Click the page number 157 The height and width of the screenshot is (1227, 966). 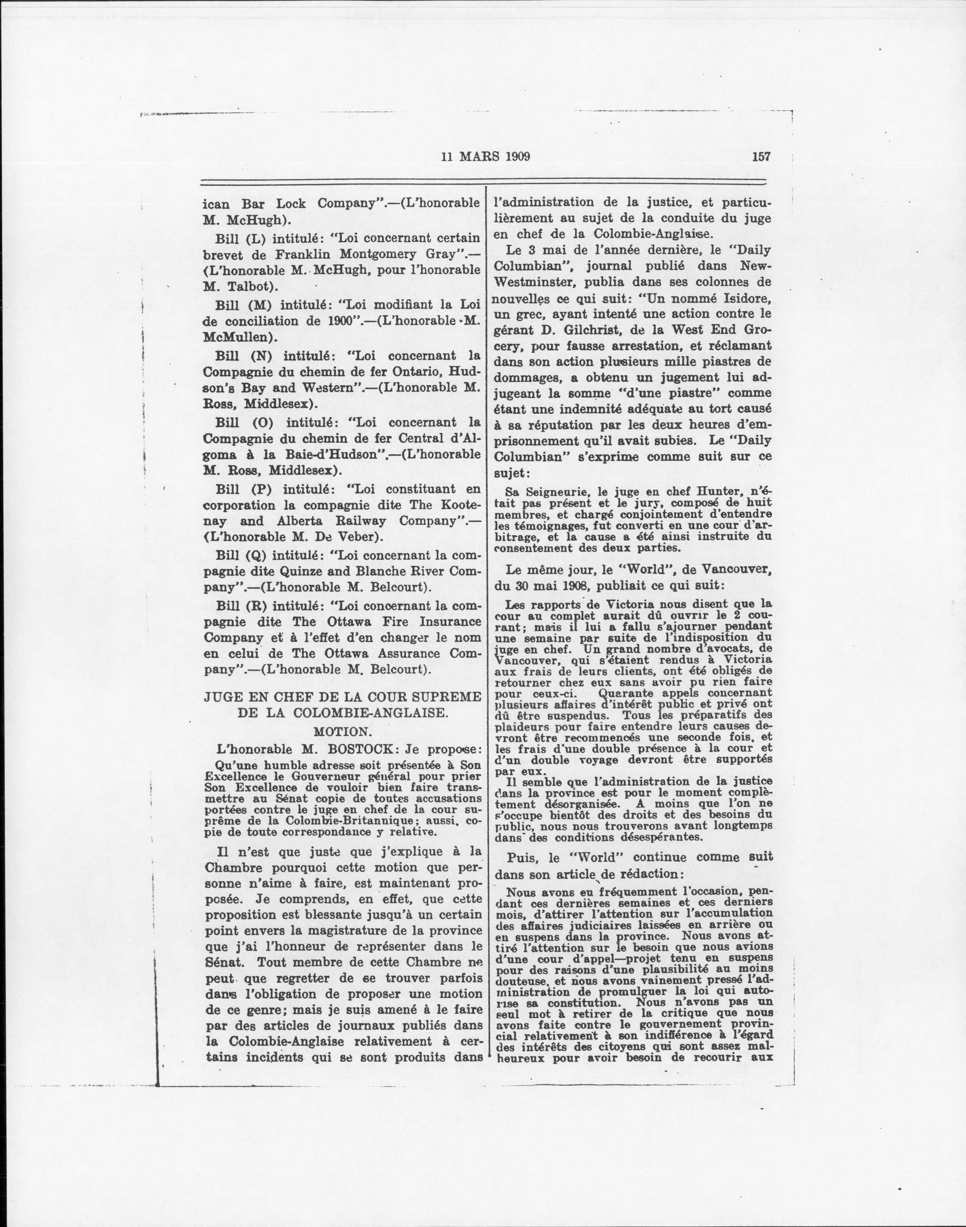pyautogui.click(x=761, y=157)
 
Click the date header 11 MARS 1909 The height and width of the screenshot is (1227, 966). pyautogui.click(x=485, y=157)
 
